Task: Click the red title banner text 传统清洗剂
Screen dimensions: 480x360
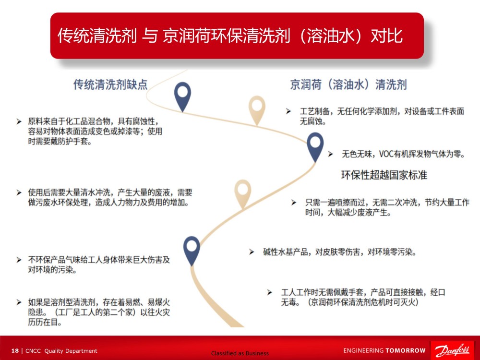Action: tap(97, 36)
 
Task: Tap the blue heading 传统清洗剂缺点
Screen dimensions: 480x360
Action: tap(110, 84)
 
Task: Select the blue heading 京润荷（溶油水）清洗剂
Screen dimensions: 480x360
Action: tap(348, 84)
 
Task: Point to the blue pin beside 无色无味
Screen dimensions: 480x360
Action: tap(315, 147)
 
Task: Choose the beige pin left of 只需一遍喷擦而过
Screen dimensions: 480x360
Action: tap(243, 194)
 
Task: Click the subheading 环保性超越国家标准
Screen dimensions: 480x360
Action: tap(384, 175)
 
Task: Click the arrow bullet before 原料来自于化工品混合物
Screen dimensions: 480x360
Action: tap(19, 121)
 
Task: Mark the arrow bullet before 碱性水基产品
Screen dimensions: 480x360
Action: tap(252, 252)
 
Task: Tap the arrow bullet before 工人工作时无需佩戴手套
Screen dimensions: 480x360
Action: tap(270, 292)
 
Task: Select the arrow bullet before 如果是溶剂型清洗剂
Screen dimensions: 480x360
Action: tap(19, 302)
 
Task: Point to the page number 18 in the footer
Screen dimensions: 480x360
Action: tap(15, 351)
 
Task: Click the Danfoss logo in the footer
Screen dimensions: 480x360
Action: tap(453, 350)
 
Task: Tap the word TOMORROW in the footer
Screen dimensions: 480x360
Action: tap(405, 350)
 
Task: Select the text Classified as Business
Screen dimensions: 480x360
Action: tap(240, 353)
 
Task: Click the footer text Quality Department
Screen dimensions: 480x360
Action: tap(71, 351)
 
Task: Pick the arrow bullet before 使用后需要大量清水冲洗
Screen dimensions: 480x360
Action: tap(19, 192)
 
